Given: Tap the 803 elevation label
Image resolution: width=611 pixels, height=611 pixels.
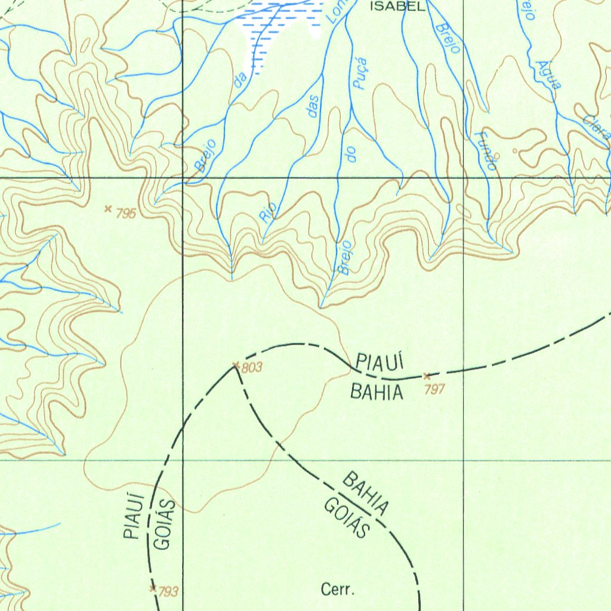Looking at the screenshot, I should [252, 368].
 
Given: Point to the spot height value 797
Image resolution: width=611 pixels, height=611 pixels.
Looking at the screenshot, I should [436, 389].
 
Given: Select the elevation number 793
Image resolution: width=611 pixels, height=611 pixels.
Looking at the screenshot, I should [168, 592].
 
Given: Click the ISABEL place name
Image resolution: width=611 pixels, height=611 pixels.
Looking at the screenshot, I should [399, 7].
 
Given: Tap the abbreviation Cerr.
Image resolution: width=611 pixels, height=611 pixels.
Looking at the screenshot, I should [338, 591].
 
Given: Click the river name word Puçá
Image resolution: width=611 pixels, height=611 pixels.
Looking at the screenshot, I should [359, 74].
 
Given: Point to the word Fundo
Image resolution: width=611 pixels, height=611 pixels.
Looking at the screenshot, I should [485, 150].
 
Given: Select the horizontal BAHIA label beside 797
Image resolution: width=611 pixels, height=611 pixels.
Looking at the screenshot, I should [377, 393].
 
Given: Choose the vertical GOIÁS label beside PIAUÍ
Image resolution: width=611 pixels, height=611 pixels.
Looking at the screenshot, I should [165, 524].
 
